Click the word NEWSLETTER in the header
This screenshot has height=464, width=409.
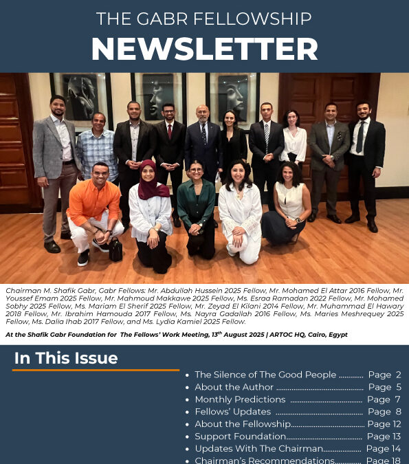(204, 49)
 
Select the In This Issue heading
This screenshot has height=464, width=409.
(66, 358)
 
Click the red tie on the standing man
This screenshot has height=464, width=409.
(169, 131)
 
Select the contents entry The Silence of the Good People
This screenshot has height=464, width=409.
(265, 375)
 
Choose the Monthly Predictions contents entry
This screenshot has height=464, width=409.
(240, 399)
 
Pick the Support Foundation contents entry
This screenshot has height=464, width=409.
(241, 437)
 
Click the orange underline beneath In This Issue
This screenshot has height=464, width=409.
(96, 370)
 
